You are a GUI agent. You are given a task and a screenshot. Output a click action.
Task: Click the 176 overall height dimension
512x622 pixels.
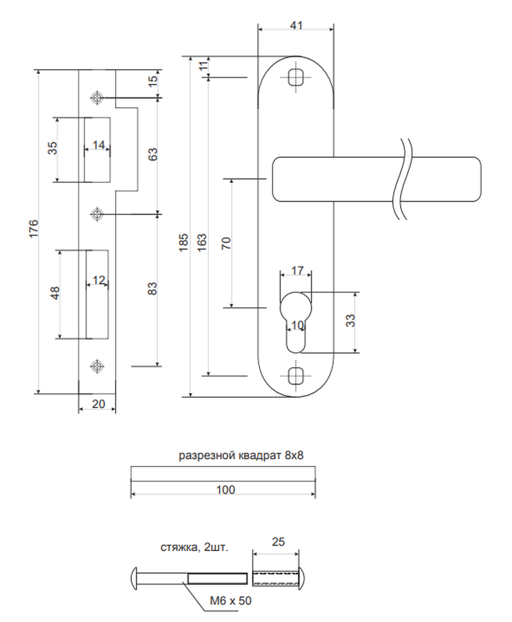click(34, 228)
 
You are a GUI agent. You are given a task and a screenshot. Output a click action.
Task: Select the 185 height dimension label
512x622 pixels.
click(184, 243)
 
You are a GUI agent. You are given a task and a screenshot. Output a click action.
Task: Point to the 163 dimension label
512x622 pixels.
click(202, 243)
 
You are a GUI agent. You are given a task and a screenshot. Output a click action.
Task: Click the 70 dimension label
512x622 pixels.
click(226, 243)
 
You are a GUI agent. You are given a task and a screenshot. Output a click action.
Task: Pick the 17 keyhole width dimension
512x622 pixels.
click(297, 271)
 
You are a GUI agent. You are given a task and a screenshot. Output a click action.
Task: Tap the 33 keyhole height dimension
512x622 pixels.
click(350, 320)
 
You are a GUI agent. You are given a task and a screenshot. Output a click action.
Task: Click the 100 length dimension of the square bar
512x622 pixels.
click(225, 490)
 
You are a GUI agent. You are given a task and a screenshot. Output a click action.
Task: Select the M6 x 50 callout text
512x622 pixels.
click(231, 601)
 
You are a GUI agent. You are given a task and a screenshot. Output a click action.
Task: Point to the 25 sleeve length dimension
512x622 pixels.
click(278, 542)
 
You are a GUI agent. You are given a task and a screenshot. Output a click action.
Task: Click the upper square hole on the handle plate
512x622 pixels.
click(296, 77)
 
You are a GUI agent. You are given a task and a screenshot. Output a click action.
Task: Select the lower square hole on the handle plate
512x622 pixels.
click(296, 375)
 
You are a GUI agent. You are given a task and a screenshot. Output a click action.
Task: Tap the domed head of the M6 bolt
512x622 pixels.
click(134, 578)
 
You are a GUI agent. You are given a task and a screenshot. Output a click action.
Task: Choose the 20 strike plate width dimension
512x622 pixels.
click(98, 404)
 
